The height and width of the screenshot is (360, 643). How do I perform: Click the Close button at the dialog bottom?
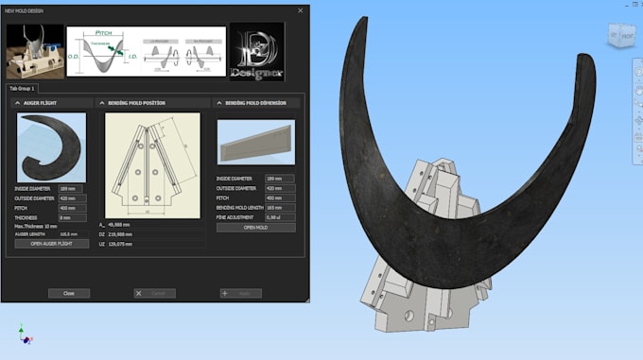tap(69, 294)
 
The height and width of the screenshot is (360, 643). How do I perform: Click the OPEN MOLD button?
tap(255, 228)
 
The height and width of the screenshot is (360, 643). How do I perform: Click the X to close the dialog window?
tap(301, 10)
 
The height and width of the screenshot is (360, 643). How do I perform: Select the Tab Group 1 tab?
tap(23, 88)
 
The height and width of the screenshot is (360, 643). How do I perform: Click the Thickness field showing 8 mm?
tap(71, 217)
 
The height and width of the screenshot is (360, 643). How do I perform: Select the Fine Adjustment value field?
tap(280, 217)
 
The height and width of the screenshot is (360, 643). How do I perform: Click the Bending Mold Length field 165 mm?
tap(280, 207)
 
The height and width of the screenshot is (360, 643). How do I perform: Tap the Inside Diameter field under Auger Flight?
tap(71, 188)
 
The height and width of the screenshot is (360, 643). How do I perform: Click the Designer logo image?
tap(257, 52)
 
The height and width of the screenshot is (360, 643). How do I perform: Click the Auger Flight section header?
tap(38, 102)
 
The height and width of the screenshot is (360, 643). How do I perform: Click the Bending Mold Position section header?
tap(132, 102)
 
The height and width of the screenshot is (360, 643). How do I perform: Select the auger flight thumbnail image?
tap(52, 147)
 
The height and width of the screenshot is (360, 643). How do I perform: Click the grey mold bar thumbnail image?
tap(255, 142)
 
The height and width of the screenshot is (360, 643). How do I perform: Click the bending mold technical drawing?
tap(152, 165)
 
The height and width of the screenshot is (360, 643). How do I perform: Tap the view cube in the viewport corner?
tap(620, 36)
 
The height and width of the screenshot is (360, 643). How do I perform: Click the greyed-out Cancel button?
tap(155, 294)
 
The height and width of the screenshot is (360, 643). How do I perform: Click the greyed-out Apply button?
tap(240, 294)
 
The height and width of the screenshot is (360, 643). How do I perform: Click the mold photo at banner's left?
tap(34, 52)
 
